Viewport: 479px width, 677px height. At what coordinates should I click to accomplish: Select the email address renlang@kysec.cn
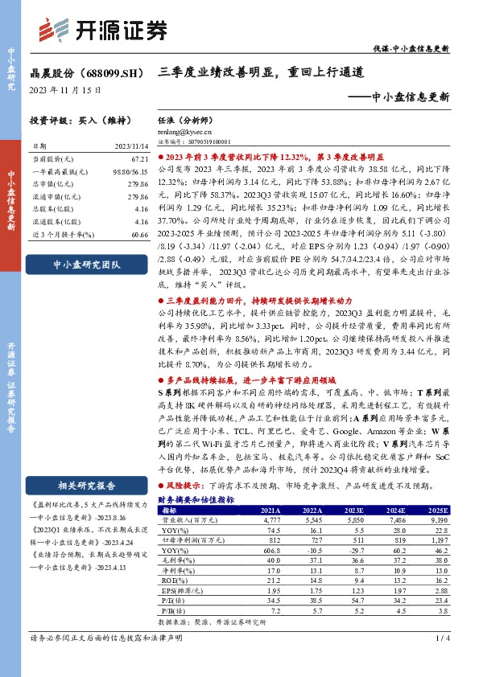point(184,131)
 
